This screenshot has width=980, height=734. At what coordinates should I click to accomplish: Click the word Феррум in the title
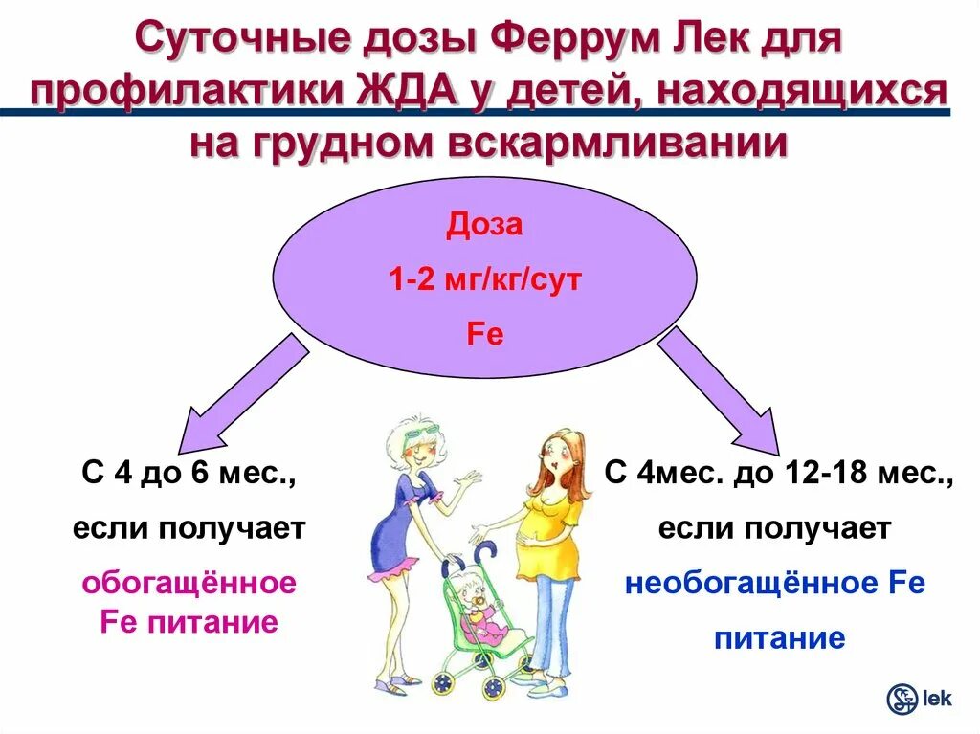pos(568,40)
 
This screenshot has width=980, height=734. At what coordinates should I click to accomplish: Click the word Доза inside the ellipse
pos(485,226)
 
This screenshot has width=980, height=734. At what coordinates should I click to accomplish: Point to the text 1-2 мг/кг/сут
pos(485,280)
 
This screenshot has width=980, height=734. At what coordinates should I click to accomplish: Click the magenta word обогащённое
pos(189,582)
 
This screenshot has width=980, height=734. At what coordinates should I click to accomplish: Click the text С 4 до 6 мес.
pos(189,473)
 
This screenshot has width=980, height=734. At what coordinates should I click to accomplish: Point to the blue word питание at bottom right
pos(779,637)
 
